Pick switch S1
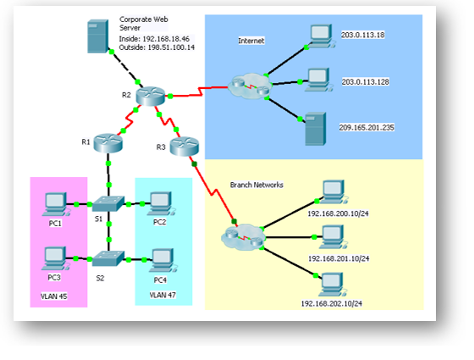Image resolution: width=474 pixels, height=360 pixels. (x=108, y=204)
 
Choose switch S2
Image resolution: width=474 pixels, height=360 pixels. (x=108, y=258)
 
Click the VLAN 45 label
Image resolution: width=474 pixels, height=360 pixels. (x=55, y=296)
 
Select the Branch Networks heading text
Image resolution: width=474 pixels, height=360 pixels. (x=256, y=183)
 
